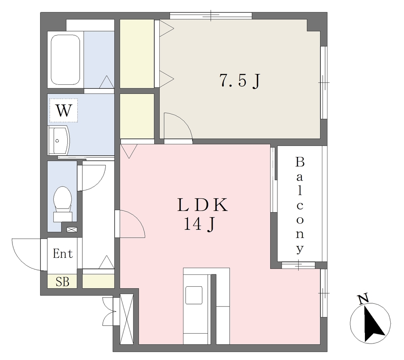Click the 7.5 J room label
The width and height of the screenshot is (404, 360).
(x=240, y=80)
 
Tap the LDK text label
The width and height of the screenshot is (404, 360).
(x=203, y=205)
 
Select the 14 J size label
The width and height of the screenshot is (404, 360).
(x=199, y=224)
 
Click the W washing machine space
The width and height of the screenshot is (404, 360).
(x=64, y=110)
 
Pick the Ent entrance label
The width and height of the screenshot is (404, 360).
(x=63, y=254)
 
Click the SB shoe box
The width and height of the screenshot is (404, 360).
(x=62, y=282)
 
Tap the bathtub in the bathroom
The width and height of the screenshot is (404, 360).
(x=65, y=60)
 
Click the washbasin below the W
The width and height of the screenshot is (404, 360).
(x=59, y=141)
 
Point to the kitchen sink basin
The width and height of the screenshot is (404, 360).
(x=194, y=295)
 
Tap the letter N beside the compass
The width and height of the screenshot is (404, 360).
(x=363, y=300)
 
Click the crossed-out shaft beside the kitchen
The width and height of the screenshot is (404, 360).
(x=127, y=319)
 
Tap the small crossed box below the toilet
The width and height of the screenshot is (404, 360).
(x=72, y=229)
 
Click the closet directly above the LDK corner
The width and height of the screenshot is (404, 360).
(x=137, y=116)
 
